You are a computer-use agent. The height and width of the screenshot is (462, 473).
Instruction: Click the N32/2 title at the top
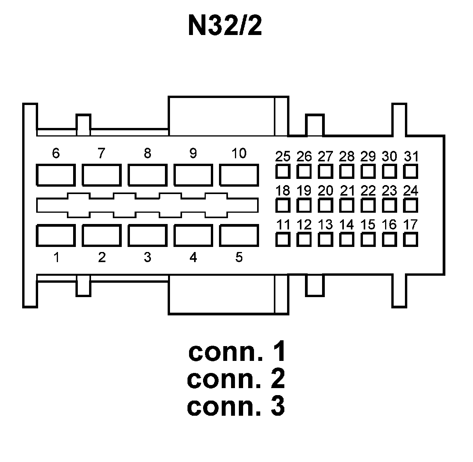tap(225, 26)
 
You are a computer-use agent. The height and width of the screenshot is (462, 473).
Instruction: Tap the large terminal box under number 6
tap(56, 175)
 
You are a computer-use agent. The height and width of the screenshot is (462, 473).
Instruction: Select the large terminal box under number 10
tap(239, 175)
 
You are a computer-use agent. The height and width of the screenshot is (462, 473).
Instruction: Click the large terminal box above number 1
tap(56, 235)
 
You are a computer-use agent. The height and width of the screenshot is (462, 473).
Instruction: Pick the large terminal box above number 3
tap(147, 235)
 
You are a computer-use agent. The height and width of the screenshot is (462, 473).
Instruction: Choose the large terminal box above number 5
tap(239, 235)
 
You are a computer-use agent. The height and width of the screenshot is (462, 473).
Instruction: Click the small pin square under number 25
tap(283, 171)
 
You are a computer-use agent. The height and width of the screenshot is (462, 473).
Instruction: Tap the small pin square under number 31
tap(410, 171)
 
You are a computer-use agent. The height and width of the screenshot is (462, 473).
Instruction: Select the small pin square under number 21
tap(347, 205)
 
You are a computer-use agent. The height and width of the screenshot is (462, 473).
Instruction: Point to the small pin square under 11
tap(283, 240)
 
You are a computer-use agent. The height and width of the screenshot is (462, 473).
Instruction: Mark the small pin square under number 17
tap(410, 240)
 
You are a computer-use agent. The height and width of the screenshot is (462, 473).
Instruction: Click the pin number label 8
tap(147, 153)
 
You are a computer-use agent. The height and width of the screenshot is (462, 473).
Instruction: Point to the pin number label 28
tap(347, 156)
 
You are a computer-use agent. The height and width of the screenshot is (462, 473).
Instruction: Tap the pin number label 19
tap(304, 191)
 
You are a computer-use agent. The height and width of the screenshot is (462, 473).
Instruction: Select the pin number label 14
tap(347, 224)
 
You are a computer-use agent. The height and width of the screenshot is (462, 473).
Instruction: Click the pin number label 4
tap(193, 257)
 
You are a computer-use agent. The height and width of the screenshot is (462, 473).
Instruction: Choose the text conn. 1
tap(237, 351)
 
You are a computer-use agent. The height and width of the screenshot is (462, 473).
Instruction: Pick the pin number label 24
tap(410, 191)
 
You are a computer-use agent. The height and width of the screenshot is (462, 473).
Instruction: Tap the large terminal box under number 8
tap(147, 175)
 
